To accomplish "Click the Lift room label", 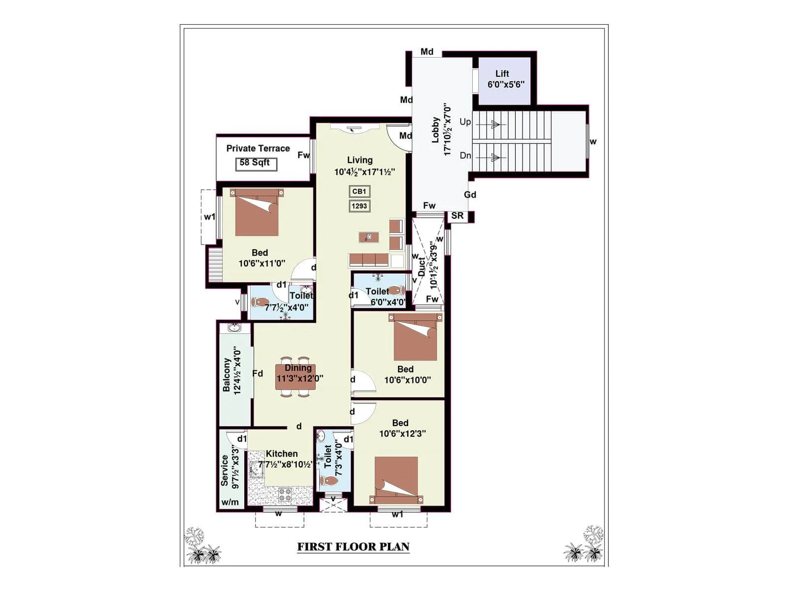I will [x=502, y=74].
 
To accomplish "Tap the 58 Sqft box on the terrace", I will [x=256, y=164].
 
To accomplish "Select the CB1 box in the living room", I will [x=359, y=191].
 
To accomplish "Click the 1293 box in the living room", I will [x=359, y=206].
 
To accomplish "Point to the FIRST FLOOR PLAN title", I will [x=353, y=547].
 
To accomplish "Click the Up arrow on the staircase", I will [x=494, y=125].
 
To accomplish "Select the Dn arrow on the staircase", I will [x=494, y=158].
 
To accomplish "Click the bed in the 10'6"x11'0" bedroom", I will [x=257, y=213].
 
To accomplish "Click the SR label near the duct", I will [x=457, y=216].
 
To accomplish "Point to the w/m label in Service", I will [x=230, y=502].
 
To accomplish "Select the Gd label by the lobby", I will [x=470, y=195].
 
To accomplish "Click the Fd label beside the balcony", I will [x=258, y=373].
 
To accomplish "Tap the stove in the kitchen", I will [x=286, y=494].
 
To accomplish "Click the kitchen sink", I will [x=256, y=469].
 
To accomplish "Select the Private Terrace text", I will [x=258, y=148].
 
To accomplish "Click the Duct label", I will [x=422, y=267].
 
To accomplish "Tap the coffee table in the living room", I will [x=368, y=237].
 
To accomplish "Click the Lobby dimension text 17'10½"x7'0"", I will [x=447, y=130].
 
